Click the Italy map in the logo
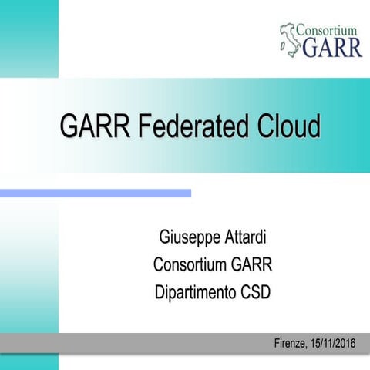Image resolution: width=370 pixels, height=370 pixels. tap(290, 39)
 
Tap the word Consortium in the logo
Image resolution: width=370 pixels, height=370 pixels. tap(329, 31)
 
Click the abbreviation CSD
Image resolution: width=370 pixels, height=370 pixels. tap(257, 293)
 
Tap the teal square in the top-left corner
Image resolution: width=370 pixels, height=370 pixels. tap(29, 39)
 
